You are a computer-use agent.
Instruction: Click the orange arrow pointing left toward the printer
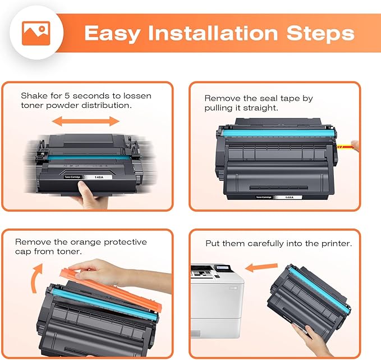tap(262, 267)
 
